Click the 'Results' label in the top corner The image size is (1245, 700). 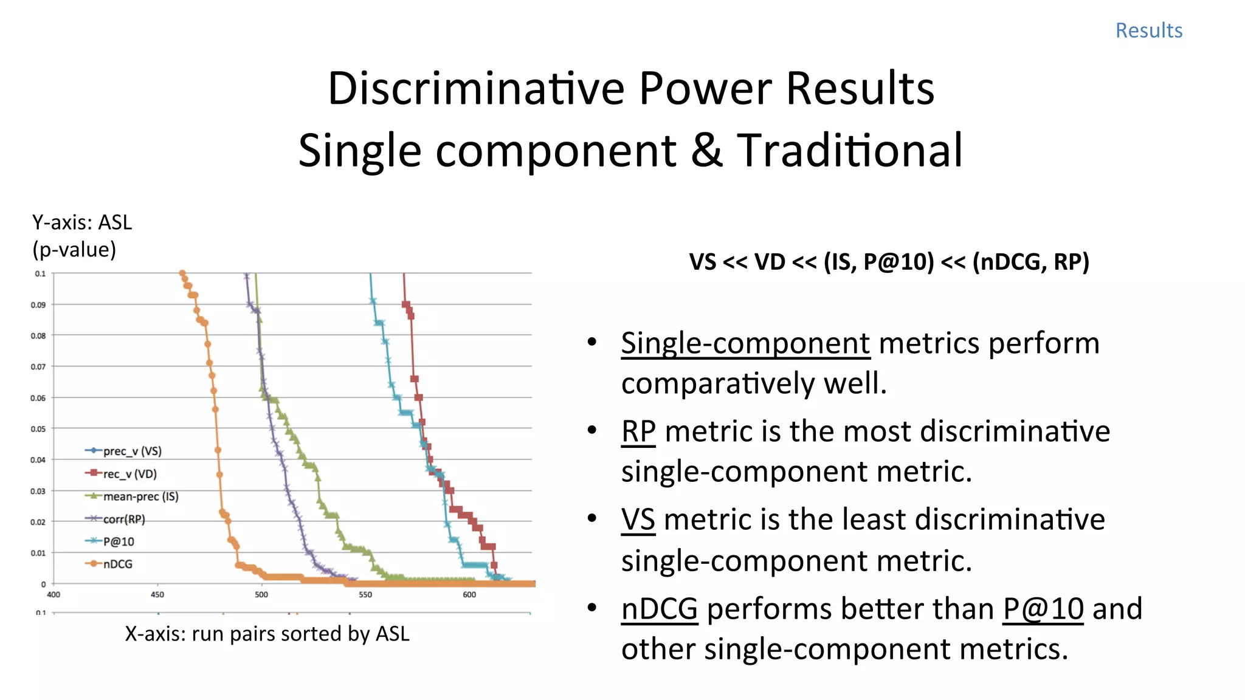click(1148, 30)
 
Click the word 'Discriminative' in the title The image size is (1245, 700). click(477, 89)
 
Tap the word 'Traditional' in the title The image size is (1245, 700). click(849, 151)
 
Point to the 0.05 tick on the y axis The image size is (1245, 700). click(38, 429)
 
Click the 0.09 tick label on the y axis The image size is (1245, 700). click(38, 304)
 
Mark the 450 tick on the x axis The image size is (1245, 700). click(157, 594)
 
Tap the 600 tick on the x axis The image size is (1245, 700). click(469, 594)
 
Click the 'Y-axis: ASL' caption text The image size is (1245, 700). click(82, 223)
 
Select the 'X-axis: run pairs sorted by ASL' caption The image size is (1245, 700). click(267, 634)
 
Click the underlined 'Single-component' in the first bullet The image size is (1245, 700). click(745, 343)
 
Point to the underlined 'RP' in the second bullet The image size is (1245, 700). click(638, 431)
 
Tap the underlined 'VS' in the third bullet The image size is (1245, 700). click(638, 520)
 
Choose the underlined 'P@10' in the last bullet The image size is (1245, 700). click(1043, 609)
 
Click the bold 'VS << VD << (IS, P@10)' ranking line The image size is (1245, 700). click(889, 262)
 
